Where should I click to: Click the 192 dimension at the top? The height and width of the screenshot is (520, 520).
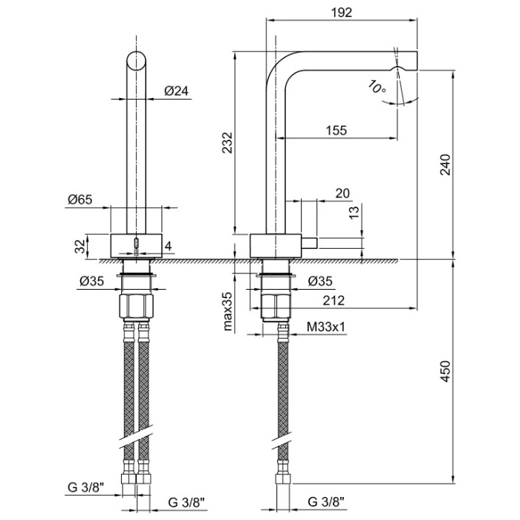click(342, 13)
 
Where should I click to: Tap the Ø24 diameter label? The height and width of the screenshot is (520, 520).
click(176, 91)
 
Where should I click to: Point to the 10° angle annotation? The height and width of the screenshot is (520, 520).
click(377, 87)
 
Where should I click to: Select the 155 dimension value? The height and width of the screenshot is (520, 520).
click(336, 131)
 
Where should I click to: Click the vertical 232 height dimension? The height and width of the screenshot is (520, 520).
click(227, 143)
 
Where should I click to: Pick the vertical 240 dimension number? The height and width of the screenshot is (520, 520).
click(445, 164)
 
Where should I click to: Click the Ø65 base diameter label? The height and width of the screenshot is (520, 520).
click(79, 198)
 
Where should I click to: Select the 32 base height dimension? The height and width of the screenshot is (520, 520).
click(79, 247)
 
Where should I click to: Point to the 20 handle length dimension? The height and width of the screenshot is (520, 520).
click(342, 193)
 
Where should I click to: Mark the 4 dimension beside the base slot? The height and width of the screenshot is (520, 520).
click(169, 246)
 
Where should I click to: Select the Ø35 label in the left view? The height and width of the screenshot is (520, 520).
click(91, 280)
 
